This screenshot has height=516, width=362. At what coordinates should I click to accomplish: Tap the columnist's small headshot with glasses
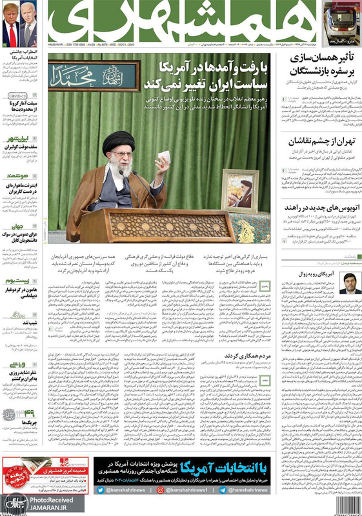click(x=350, y=282)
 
